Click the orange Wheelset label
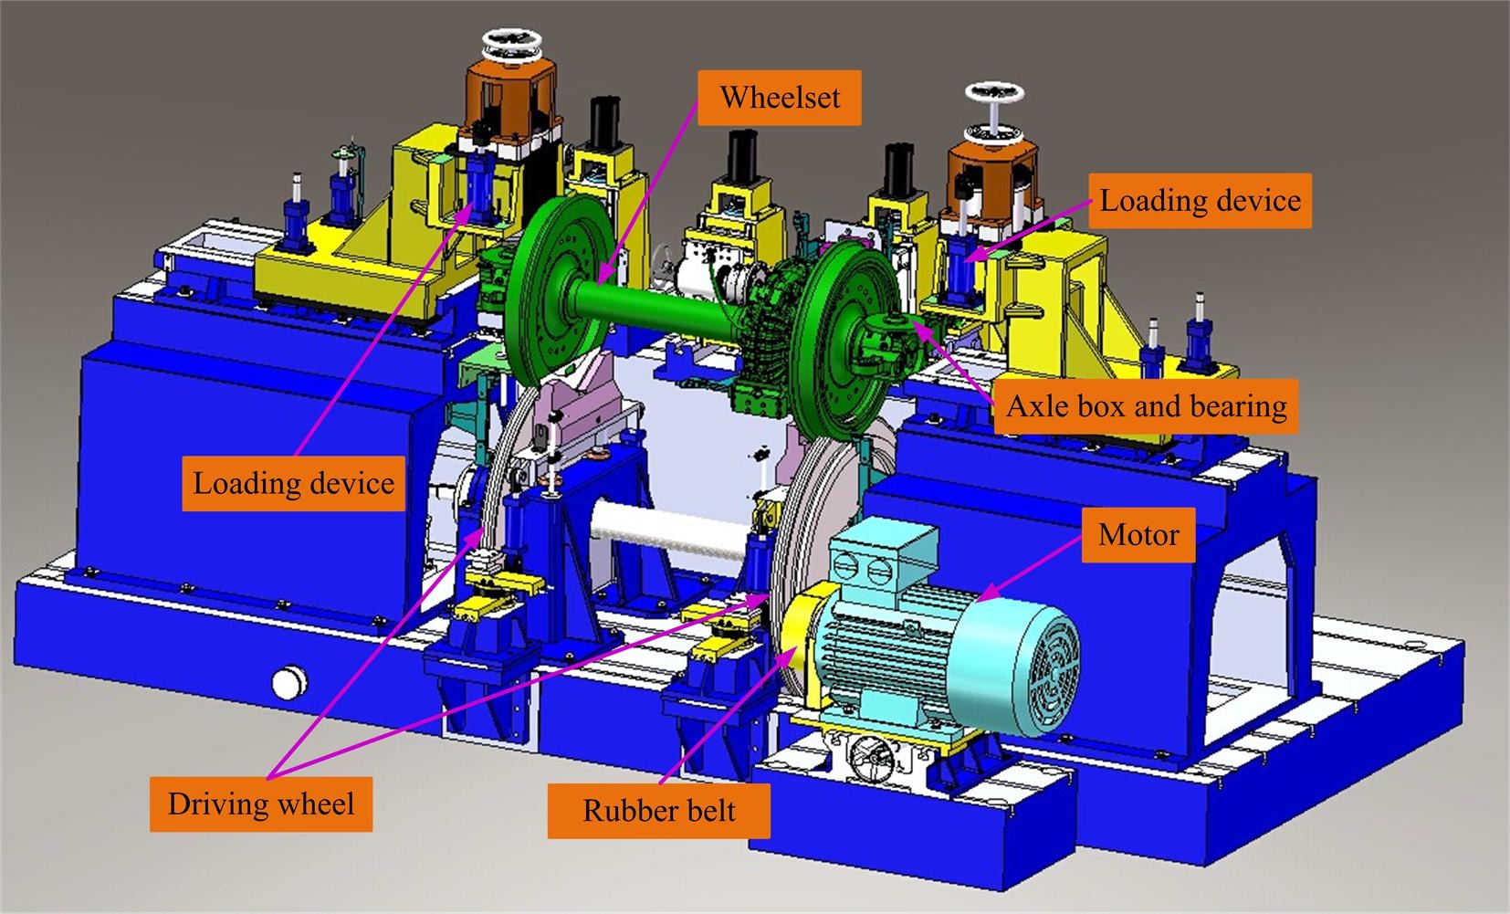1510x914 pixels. [x=780, y=98]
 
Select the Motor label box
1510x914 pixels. [x=1138, y=535]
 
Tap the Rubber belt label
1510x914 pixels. [x=658, y=811]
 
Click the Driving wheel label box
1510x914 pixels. [x=261, y=804]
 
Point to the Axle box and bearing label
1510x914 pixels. [x=1146, y=406]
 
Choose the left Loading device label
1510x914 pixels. [x=293, y=483]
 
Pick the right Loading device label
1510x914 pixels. [x=1200, y=201]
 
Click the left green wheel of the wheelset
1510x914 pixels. [x=557, y=292]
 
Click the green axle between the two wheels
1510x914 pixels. [x=657, y=307]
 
